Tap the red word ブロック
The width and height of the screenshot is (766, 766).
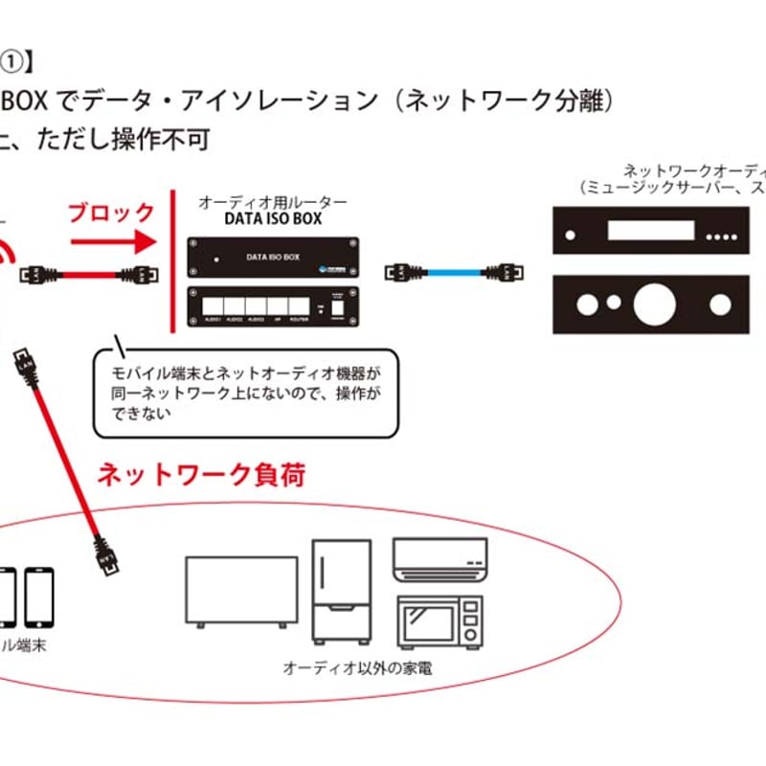(x=111, y=212)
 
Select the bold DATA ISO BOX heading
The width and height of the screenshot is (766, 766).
(x=272, y=218)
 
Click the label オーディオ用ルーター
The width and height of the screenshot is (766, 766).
(x=272, y=202)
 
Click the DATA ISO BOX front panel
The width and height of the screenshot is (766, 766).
(x=273, y=258)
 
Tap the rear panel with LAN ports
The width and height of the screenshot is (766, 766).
(x=273, y=308)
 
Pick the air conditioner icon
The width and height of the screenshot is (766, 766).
(x=439, y=559)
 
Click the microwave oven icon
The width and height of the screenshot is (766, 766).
(x=439, y=620)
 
